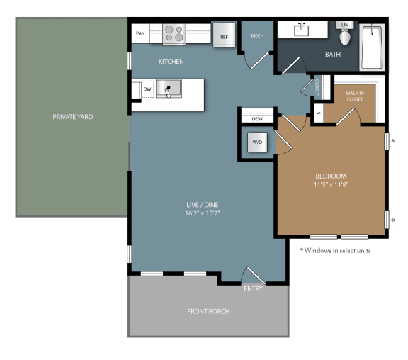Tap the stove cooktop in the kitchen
(174, 33)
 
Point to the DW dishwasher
(147, 89)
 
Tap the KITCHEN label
(171, 62)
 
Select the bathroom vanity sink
(302, 30)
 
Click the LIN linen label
(345, 25)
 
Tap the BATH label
(333, 54)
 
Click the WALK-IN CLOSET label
(354, 96)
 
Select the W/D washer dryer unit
(255, 142)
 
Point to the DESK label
(258, 119)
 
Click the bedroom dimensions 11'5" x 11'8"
(331, 184)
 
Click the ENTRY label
(253, 288)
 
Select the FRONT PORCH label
(208, 311)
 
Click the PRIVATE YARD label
(72, 117)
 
